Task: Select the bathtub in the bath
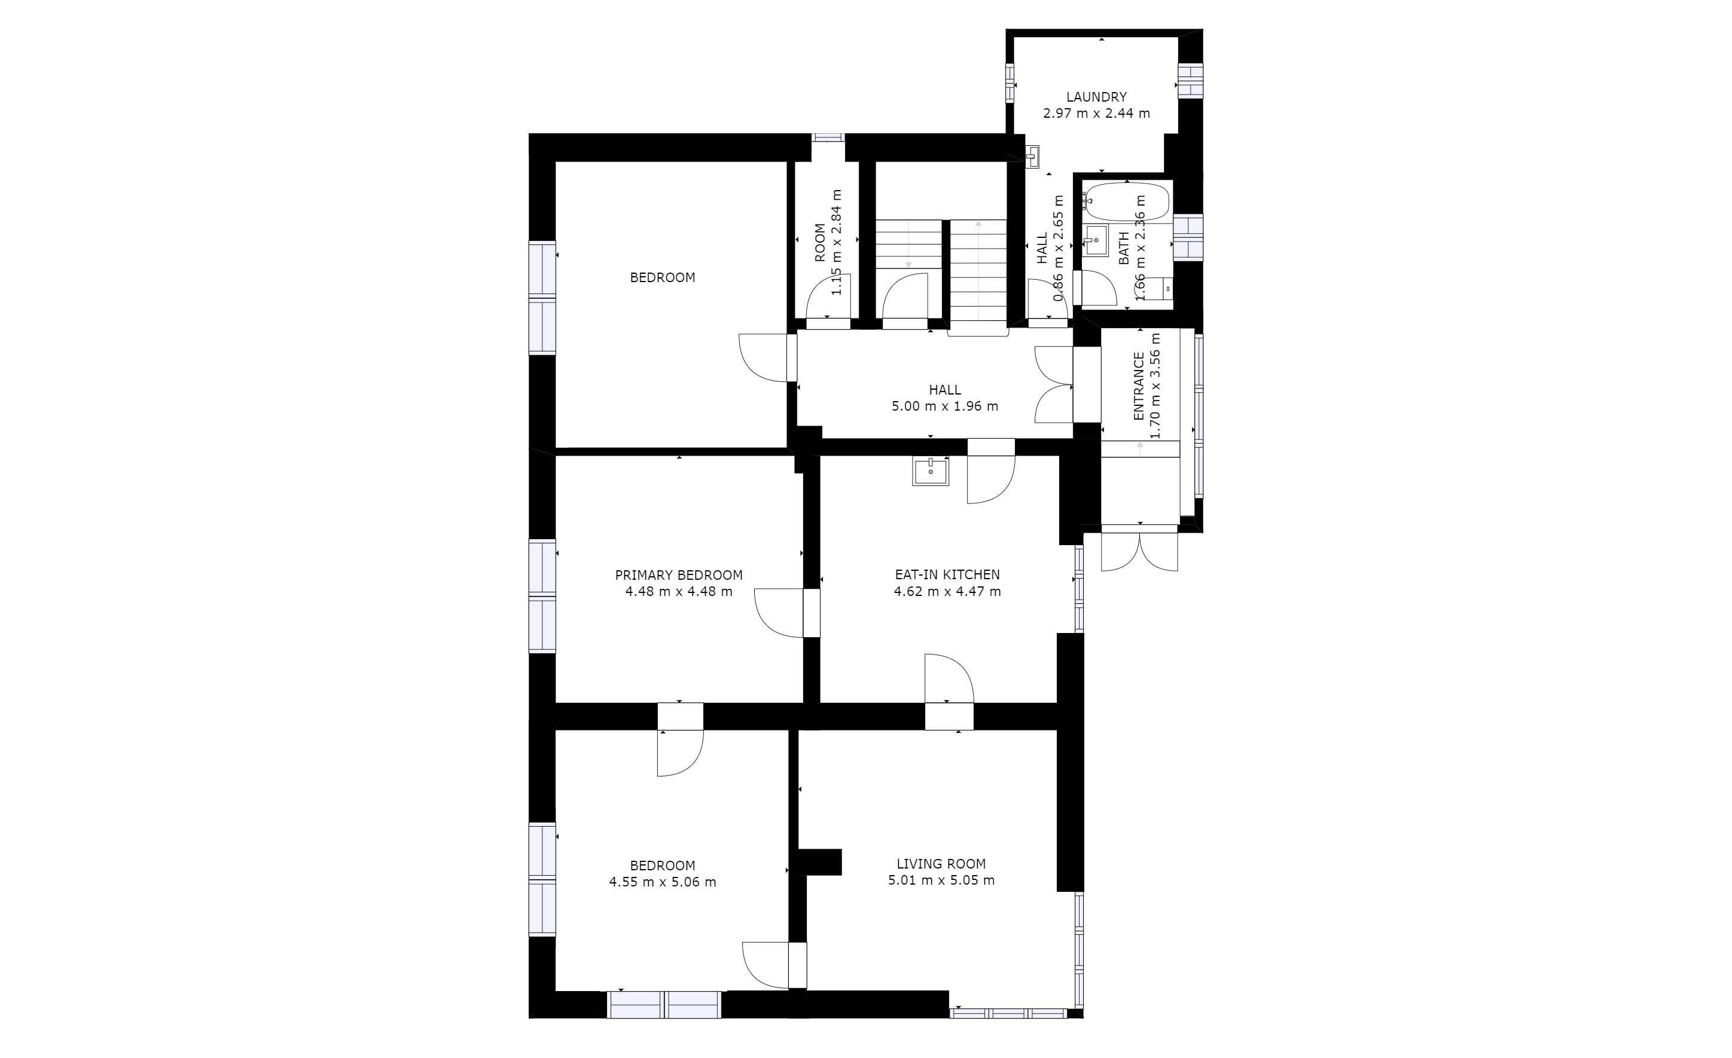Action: pyautogui.click(x=1127, y=202)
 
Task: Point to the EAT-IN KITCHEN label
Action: pyautogui.click(x=947, y=574)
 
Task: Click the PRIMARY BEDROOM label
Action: pyautogui.click(x=678, y=576)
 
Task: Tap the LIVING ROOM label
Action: pyautogui.click(x=941, y=864)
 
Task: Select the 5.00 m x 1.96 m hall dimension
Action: pyautogui.click(x=945, y=406)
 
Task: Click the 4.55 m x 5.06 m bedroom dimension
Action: pyautogui.click(x=662, y=882)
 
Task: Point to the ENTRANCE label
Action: pyautogui.click(x=1139, y=386)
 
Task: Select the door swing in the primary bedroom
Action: pyautogui.click(x=779, y=613)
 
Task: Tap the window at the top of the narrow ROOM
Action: pyautogui.click(x=828, y=137)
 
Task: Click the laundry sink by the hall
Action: pyautogui.click(x=1032, y=157)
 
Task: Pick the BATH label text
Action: pyautogui.click(x=1123, y=249)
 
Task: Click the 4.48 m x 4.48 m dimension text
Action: pyautogui.click(x=678, y=592)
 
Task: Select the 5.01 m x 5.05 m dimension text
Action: pyautogui.click(x=941, y=880)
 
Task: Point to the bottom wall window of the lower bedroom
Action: pyautogui.click(x=664, y=1005)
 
